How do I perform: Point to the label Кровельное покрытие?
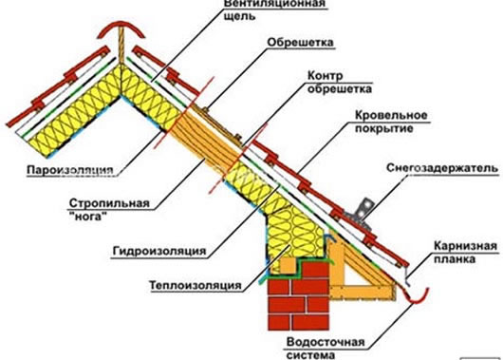point(366,123)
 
